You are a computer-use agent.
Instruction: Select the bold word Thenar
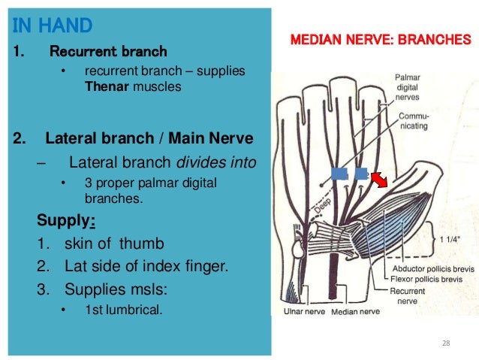pos(107,86)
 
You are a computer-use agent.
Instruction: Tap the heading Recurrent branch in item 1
pos(108,52)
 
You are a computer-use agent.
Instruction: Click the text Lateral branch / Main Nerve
pos(149,139)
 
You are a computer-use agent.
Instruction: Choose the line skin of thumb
pos(113,244)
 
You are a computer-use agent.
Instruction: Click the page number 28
pos(446,343)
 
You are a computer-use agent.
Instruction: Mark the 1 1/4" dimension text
pos(449,241)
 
